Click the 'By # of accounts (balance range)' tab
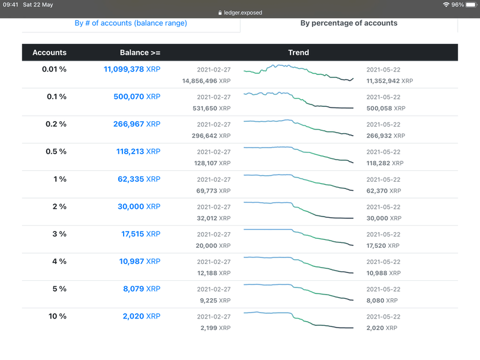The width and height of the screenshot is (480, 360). [131, 23]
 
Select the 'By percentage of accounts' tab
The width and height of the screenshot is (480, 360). [349, 23]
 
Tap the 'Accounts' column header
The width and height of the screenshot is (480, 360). [50, 53]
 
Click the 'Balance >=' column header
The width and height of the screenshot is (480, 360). [140, 53]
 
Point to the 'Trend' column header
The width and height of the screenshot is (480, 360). [298, 53]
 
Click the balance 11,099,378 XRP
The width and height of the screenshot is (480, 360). [132, 70]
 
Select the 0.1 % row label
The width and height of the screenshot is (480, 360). [54, 97]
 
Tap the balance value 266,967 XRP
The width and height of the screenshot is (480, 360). [137, 124]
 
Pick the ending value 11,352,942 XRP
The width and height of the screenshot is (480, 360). [389, 80]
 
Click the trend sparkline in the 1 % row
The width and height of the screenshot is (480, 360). [299, 182]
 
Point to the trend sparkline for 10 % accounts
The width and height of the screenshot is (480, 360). [299, 320]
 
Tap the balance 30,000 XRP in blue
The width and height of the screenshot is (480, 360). [140, 207]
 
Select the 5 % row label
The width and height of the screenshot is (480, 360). [58, 289]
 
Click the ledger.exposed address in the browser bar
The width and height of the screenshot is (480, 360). [240, 13]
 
